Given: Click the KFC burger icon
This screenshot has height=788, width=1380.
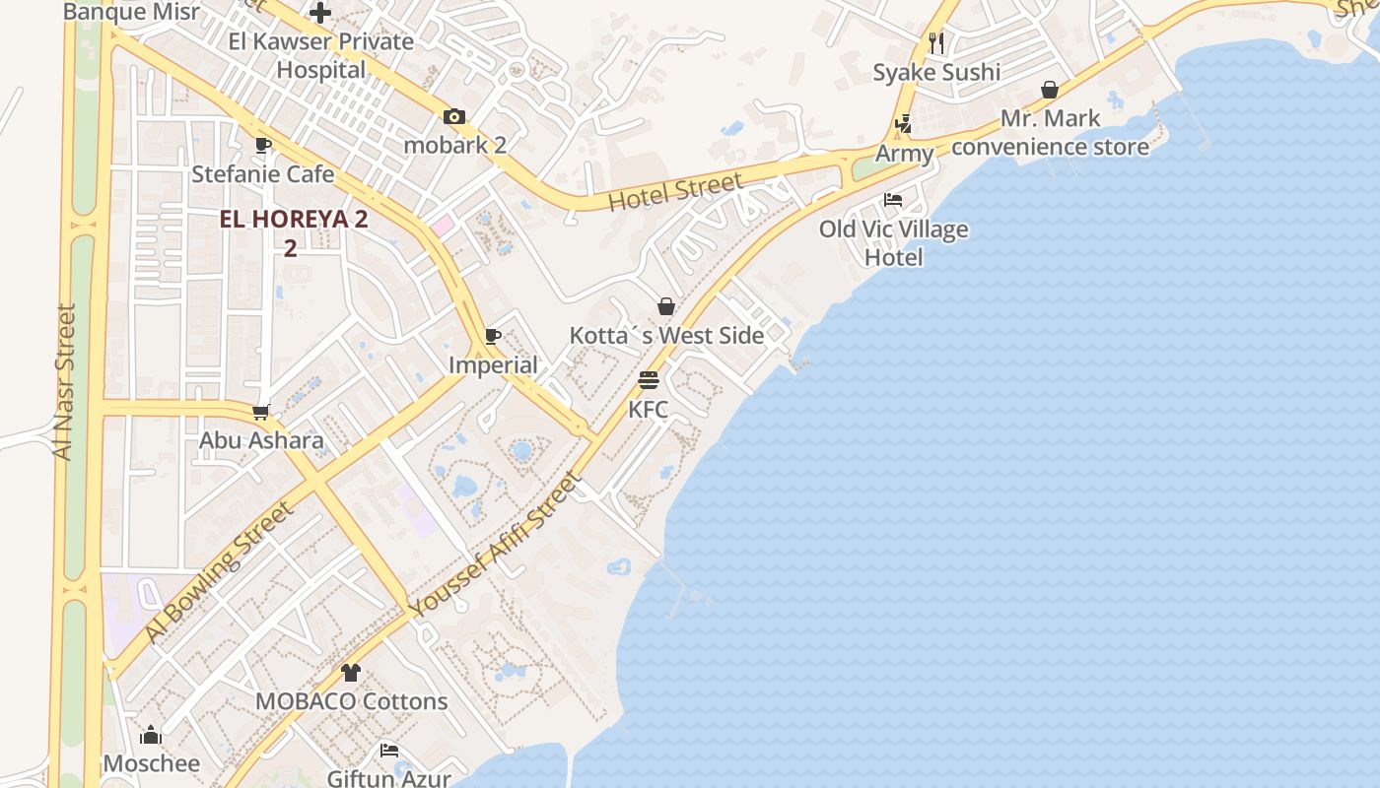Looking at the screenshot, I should click(x=648, y=380).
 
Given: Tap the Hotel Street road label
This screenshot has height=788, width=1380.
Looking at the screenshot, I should click(x=675, y=192).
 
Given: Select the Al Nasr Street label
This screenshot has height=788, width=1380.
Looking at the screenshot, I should click(x=64, y=381).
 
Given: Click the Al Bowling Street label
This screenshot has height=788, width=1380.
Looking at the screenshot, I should click(x=220, y=571).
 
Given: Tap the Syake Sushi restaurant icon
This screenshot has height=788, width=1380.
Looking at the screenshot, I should click(x=936, y=43).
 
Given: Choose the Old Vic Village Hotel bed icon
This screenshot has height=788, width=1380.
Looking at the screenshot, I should click(x=893, y=199).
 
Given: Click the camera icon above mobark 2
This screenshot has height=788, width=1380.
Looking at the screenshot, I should click(x=453, y=116).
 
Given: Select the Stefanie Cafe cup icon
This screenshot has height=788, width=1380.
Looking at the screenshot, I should click(x=263, y=146).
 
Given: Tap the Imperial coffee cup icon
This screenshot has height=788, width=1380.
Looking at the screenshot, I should click(x=493, y=337).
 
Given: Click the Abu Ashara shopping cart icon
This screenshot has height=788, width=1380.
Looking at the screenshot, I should click(x=261, y=412).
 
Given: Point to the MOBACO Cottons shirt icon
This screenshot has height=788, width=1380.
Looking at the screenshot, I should click(x=351, y=674).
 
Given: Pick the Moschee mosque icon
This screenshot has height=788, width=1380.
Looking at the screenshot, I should click(x=151, y=735).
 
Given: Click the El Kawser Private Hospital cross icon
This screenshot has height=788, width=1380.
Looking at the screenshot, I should click(x=320, y=13).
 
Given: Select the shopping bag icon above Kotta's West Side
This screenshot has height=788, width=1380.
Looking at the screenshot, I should click(x=666, y=306).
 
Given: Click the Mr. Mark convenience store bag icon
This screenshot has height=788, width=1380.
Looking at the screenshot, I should click(x=1050, y=91).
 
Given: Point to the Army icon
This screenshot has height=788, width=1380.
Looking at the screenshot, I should click(x=904, y=124).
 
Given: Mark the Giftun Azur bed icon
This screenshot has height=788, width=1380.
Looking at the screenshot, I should click(x=389, y=751).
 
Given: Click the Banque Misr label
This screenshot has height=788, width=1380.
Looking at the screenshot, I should click(x=131, y=12).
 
